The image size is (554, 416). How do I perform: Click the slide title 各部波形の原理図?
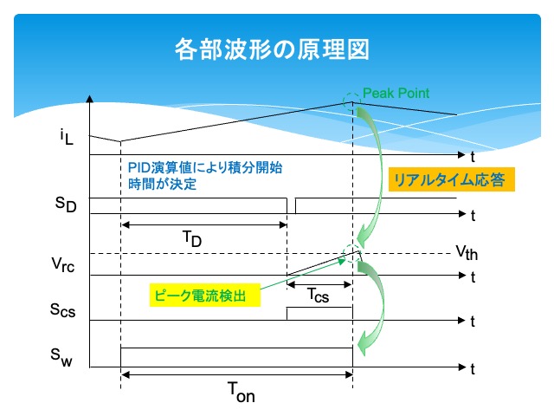pos(272,49)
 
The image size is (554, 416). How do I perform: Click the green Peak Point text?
pos(396,92)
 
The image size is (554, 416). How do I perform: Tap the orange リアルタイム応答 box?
pos(450,179)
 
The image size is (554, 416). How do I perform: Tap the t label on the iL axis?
pos(473,157)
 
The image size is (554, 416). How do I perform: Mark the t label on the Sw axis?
pos(473,368)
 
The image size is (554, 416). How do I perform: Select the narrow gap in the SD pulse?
pos(291,205)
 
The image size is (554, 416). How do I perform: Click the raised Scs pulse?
pos(319,313)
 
